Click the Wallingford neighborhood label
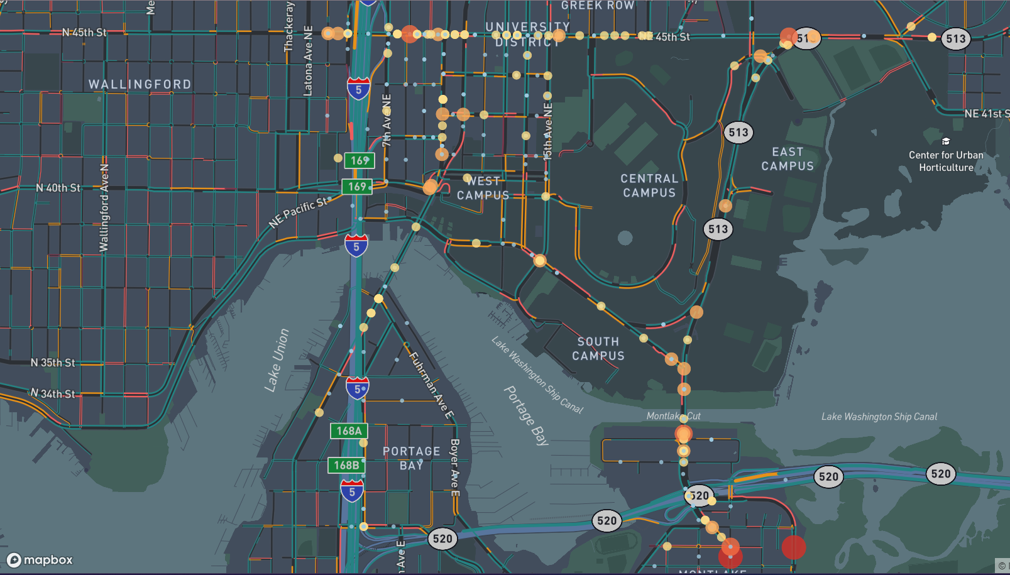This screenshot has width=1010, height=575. (140, 84)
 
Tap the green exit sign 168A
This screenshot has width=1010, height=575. (349, 431)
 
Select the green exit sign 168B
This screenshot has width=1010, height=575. (346, 466)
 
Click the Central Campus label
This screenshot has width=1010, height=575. (649, 186)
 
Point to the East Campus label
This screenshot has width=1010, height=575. (788, 159)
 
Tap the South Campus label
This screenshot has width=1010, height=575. (598, 349)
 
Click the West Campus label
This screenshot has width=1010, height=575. (483, 189)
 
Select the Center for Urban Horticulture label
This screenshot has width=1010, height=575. (946, 162)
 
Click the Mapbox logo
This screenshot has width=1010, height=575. (40, 560)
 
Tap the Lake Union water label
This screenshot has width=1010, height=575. (277, 361)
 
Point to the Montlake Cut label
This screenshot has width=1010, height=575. (673, 416)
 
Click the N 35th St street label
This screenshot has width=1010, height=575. (53, 363)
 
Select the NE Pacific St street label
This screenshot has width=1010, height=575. (299, 212)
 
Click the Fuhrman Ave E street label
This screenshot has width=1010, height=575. (431, 385)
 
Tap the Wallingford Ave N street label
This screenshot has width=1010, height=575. (104, 208)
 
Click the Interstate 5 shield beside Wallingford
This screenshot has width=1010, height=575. (358, 89)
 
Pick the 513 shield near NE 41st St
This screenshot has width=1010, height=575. (955, 39)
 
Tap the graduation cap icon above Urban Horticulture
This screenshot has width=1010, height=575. (946, 141)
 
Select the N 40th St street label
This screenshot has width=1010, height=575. (58, 188)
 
